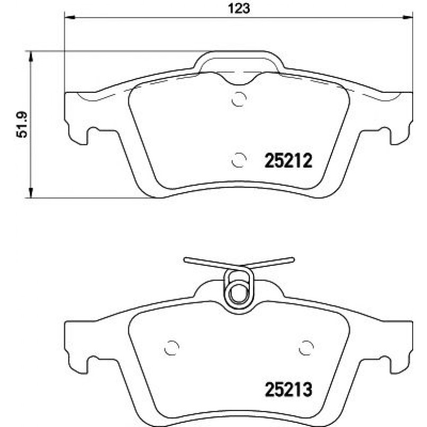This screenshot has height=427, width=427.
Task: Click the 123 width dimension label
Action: (x=239, y=8)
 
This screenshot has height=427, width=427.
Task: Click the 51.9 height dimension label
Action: (x=22, y=124)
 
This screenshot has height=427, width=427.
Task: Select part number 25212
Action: (x=288, y=161)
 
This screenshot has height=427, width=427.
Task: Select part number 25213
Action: (x=288, y=390)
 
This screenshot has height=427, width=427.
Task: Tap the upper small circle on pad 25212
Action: (x=239, y=99)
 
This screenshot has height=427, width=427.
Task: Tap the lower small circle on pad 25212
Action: (x=239, y=160)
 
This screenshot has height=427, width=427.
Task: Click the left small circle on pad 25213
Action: (x=172, y=348)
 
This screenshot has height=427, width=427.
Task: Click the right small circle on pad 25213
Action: (x=307, y=348)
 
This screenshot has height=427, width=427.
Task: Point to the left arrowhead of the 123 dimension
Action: (x=69, y=17)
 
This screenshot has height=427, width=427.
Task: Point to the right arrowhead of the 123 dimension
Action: (x=408, y=17)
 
